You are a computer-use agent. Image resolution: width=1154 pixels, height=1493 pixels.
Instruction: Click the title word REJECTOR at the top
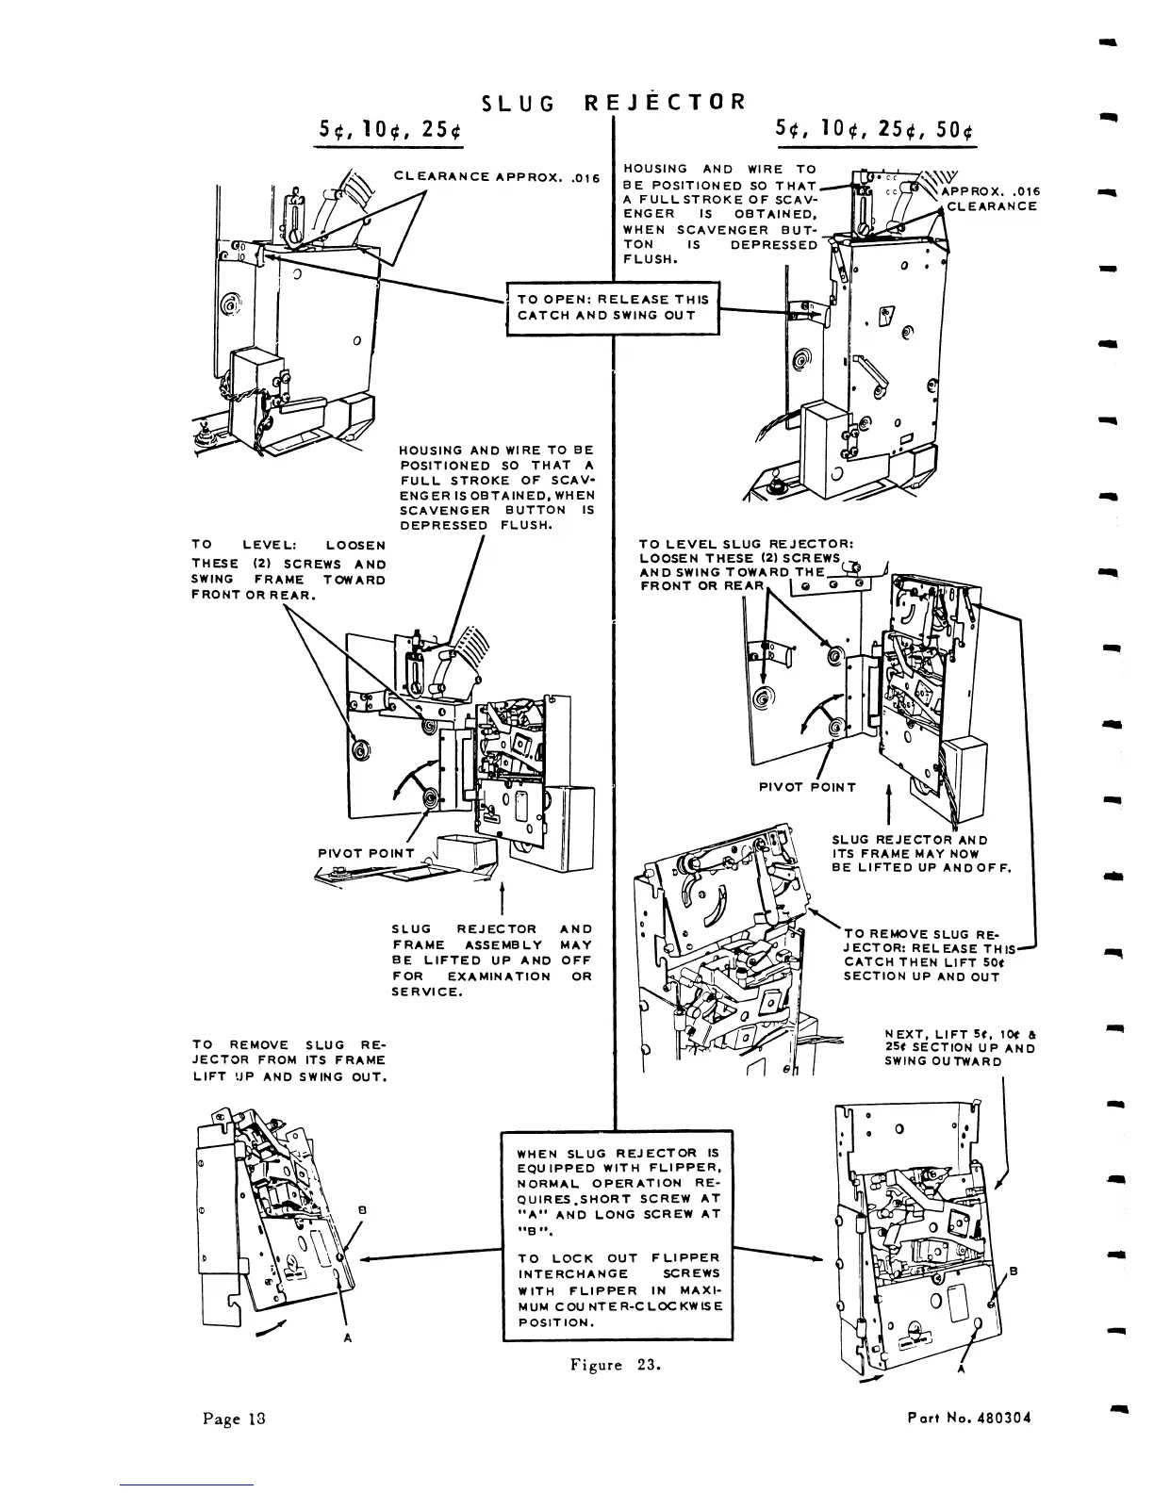666,103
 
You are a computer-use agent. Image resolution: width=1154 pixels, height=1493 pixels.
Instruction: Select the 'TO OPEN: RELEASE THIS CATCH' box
613,307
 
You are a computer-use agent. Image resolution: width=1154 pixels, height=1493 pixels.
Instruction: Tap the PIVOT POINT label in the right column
808,787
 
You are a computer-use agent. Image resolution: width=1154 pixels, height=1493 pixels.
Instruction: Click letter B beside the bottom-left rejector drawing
362,1209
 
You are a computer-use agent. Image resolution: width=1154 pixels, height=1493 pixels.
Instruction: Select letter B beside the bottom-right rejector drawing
1014,1272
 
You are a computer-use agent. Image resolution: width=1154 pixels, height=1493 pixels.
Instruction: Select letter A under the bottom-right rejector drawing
961,1371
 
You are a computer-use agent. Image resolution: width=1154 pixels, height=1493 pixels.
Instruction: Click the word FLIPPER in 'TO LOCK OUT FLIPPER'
685,1258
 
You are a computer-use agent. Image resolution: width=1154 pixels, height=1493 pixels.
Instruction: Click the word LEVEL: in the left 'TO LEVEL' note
270,546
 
